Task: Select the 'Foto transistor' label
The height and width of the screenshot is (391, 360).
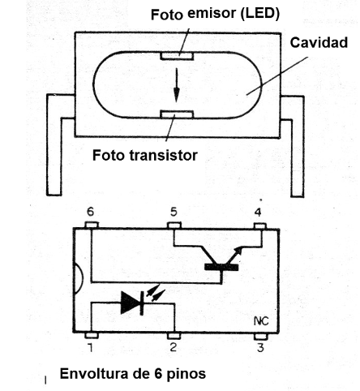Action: coord(145,154)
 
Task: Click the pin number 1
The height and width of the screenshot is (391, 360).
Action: coord(91,349)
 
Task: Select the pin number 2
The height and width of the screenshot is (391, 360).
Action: coord(173,349)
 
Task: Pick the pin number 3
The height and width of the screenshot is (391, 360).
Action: coord(259,349)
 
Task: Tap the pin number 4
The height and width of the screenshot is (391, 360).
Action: coord(259,212)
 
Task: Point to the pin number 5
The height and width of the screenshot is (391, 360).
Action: coord(173,212)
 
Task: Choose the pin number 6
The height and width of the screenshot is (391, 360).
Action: coord(91,212)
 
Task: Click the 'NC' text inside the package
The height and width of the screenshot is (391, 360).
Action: coord(261,320)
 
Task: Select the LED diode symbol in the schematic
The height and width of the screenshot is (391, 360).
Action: coord(131,303)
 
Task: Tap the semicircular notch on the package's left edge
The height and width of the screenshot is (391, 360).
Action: coord(78,280)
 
